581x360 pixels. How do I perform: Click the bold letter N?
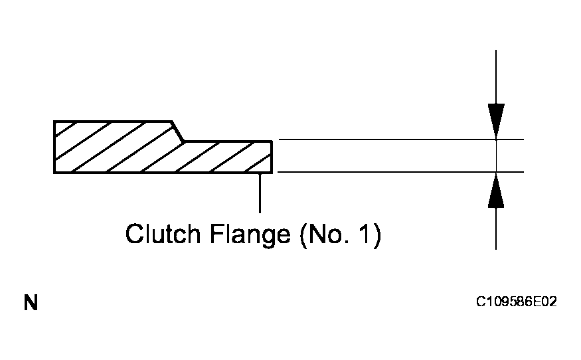point(31,304)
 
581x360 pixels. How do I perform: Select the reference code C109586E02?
point(516,302)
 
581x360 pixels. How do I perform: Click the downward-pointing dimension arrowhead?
point(496,120)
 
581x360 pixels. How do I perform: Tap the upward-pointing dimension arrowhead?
point(496,191)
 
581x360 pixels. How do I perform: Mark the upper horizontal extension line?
point(398,139)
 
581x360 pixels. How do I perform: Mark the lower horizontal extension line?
point(398,172)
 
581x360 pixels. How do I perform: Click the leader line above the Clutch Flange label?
point(260,193)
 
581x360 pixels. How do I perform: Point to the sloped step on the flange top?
point(178,131)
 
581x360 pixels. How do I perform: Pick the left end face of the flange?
point(54,147)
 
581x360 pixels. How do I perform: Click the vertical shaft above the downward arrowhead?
point(496,73)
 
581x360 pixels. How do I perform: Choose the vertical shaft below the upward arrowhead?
point(496,229)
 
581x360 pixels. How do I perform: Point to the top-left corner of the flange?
point(54,122)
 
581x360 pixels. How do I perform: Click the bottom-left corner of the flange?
point(54,173)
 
